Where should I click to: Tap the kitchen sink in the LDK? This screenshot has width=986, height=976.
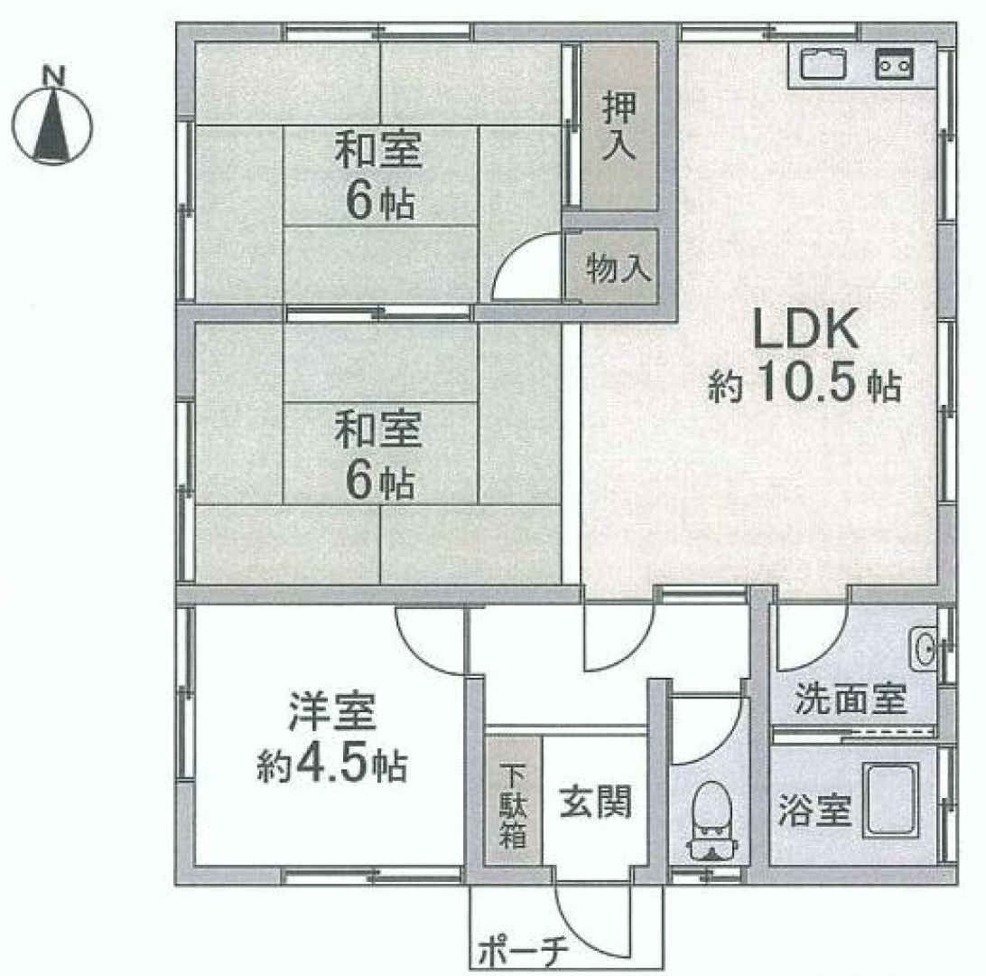coord(823,63)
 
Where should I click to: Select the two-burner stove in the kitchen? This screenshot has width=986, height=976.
coord(895,63)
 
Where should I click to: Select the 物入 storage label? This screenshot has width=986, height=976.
coord(619,268)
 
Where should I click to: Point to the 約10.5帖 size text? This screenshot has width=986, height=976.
coord(805,383)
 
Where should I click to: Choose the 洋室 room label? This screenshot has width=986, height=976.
coord(332,711)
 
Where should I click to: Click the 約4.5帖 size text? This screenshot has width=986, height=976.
coord(332,765)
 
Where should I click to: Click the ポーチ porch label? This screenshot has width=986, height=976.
coord(523,954)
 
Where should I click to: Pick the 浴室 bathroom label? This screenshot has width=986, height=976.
coord(814,809)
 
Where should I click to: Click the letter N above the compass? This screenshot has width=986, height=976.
coord(53,76)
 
